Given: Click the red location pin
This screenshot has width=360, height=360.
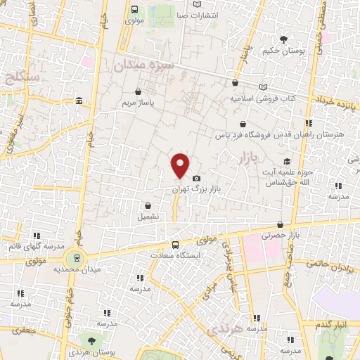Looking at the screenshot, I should [x=180, y=165].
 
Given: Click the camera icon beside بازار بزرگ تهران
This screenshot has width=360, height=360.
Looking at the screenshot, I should [x=196, y=179].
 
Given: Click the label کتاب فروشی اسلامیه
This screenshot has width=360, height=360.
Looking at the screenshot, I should [x=262, y=98].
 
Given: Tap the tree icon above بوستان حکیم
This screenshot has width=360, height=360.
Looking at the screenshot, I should [x=283, y=39].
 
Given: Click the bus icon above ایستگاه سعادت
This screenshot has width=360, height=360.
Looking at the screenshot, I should [x=175, y=245].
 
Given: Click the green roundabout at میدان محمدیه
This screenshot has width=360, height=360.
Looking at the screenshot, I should [x=82, y=258].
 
